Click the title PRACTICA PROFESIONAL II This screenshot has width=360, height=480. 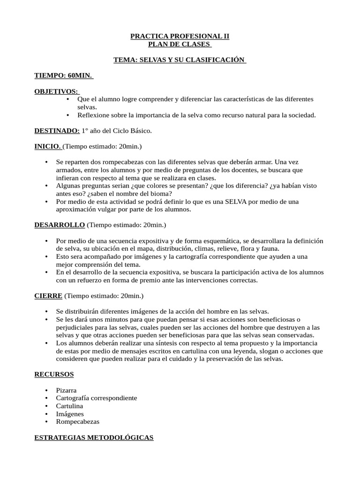click(180, 36)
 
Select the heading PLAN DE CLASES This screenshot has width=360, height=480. click(180, 44)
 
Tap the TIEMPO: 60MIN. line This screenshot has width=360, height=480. click(64, 75)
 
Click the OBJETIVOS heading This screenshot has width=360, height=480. click(57, 91)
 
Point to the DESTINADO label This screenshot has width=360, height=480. click(57, 130)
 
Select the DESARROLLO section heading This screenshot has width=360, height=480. click(60, 225)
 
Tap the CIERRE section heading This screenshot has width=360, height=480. click(48, 296)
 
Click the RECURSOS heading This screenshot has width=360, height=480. click(54, 374)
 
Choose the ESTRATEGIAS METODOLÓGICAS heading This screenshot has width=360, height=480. click(94, 437)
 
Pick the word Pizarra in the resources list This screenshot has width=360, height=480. click(66, 390)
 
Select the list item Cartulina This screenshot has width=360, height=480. click(69, 406)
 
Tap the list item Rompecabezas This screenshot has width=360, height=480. click(77, 421)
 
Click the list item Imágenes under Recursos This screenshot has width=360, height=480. click(70, 414)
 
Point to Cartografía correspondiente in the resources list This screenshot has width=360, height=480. click(97, 398)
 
